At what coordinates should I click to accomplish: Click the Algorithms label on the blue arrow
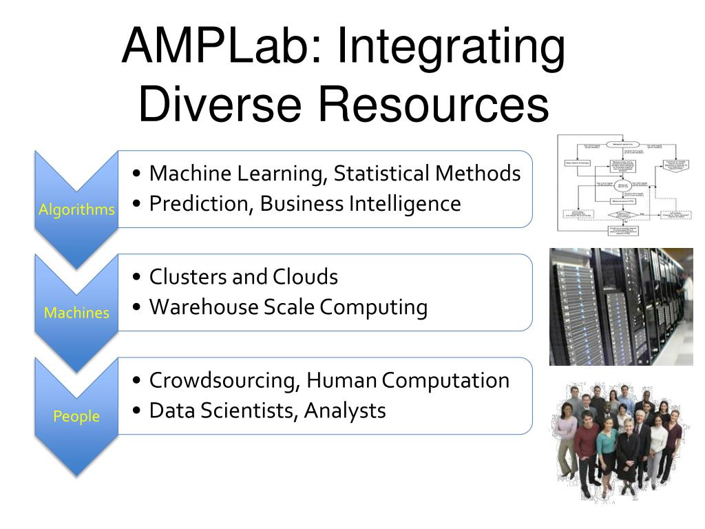[76, 210]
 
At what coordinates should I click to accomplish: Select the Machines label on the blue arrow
[76, 313]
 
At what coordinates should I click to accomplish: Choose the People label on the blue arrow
[76, 416]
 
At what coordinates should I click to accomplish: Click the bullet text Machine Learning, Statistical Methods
[335, 174]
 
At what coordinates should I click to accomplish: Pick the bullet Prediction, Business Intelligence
[305, 204]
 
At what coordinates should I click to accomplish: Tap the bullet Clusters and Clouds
[244, 277]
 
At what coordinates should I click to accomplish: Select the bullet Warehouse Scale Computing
[288, 307]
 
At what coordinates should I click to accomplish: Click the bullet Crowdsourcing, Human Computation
[329, 380]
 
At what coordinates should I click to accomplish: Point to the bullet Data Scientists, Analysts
[267, 411]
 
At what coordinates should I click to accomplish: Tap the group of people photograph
[620, 441]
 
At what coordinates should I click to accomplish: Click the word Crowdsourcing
[224, 380]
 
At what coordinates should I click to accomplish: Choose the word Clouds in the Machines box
[306, 277]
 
